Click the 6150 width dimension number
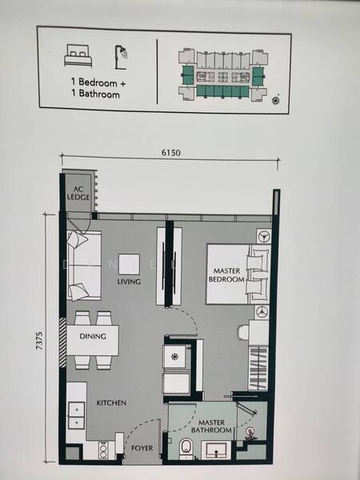(171, 152)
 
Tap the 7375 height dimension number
(40, 341)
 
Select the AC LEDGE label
(78, 193)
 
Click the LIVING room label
(129, 282)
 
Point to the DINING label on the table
(93, 336)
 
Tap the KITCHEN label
(111, 402)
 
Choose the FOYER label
(142, 448)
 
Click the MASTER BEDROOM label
(226, 275)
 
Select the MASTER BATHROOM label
(211, 426)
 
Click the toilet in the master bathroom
(186, 449)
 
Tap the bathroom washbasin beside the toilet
(215, 450)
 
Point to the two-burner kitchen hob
(103, 450)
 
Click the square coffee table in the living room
(129, 264)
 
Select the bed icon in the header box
(78, 56)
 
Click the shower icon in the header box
(121, 58)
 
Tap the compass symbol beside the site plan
(276, 100)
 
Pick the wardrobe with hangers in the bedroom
(258, 368)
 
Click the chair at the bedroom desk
(242, 332)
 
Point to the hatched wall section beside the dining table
(62, 342)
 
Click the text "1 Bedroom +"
(98, 82)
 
